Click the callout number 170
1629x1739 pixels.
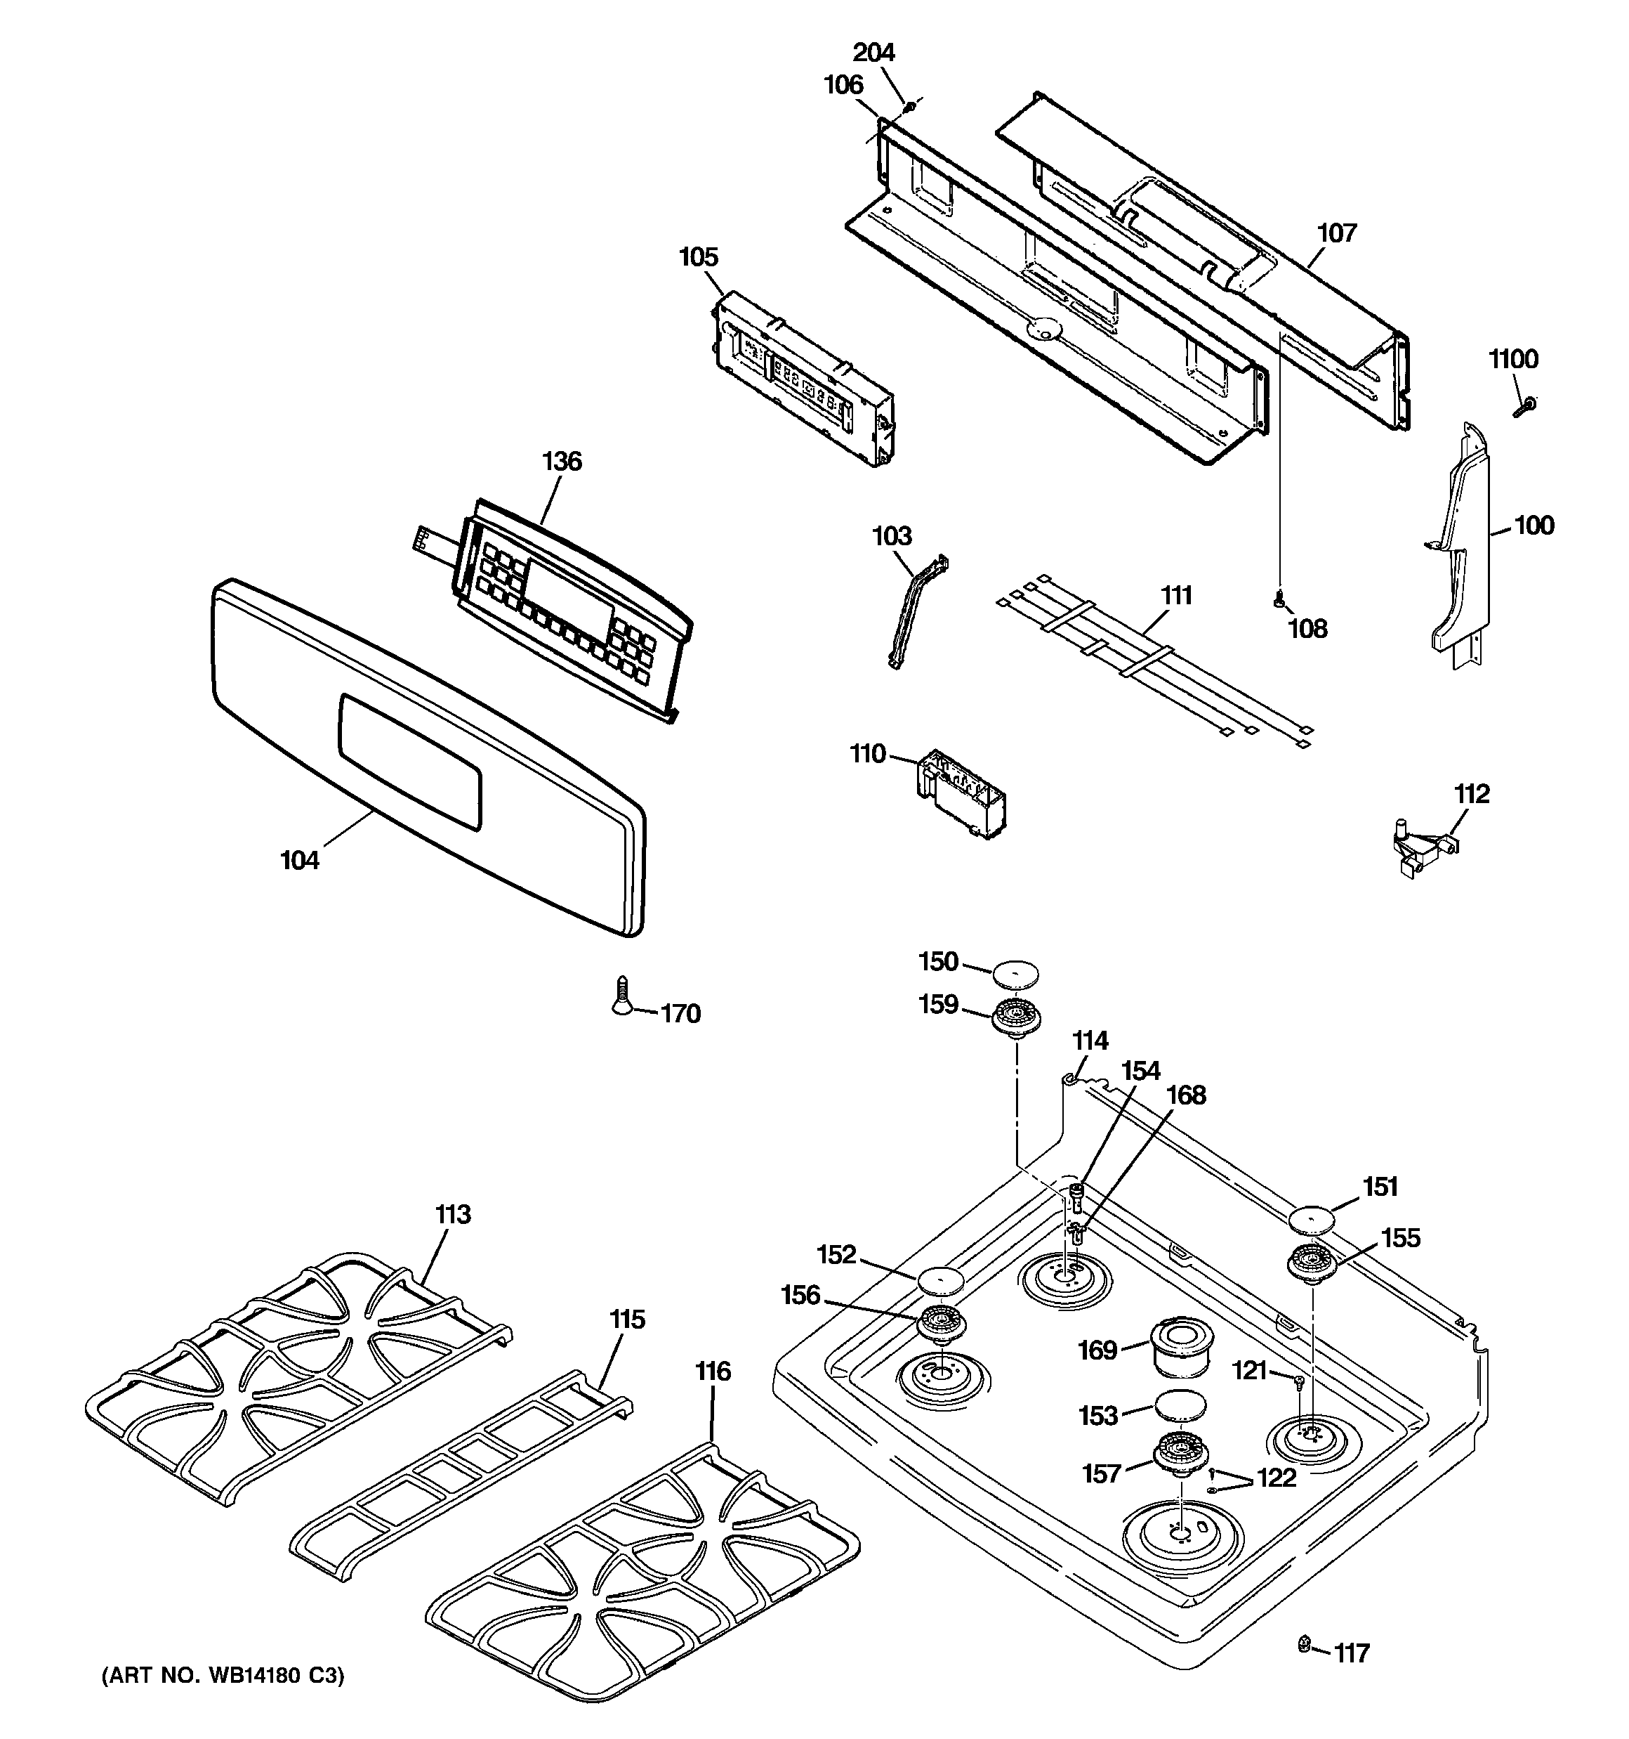680,1014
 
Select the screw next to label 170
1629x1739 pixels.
621,996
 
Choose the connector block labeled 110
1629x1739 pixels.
959,793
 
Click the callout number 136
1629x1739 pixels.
561,461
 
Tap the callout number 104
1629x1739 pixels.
299,861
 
